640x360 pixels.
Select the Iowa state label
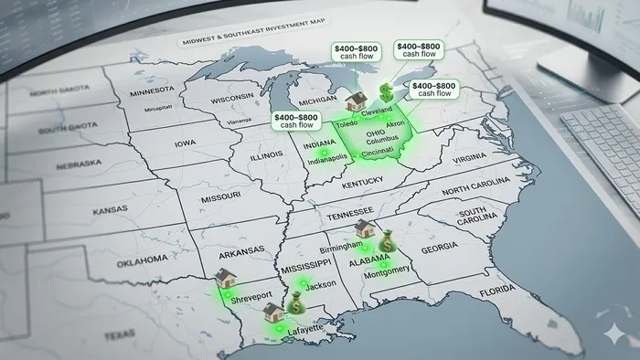(186, 143)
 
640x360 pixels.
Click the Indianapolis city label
(326, 157)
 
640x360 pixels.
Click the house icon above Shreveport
(224, 278)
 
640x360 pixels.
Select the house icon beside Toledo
(355, 101)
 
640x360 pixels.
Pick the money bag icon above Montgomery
(387, 240)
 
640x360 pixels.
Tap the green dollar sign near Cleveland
(388, 91)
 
